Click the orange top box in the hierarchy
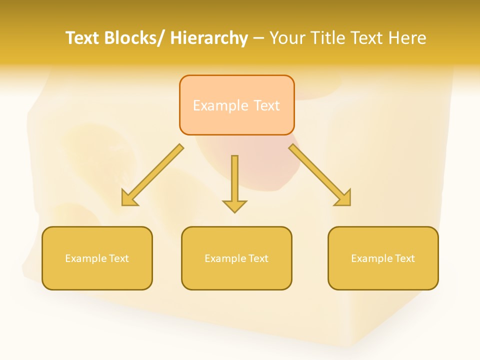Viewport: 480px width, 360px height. [x=236, y=105]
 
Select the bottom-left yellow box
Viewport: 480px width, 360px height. [x=97, y=258]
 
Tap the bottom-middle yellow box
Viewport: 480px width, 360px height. [x=236, y=258]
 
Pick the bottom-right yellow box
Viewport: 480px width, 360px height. [x=383, y=258]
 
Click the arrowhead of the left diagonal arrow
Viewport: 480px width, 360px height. [x=129, y=198]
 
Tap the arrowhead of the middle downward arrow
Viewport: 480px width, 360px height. [x=234, y=205]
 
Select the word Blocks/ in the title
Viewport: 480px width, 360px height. [x=135, y=38]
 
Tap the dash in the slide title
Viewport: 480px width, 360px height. [x=258, y=38]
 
